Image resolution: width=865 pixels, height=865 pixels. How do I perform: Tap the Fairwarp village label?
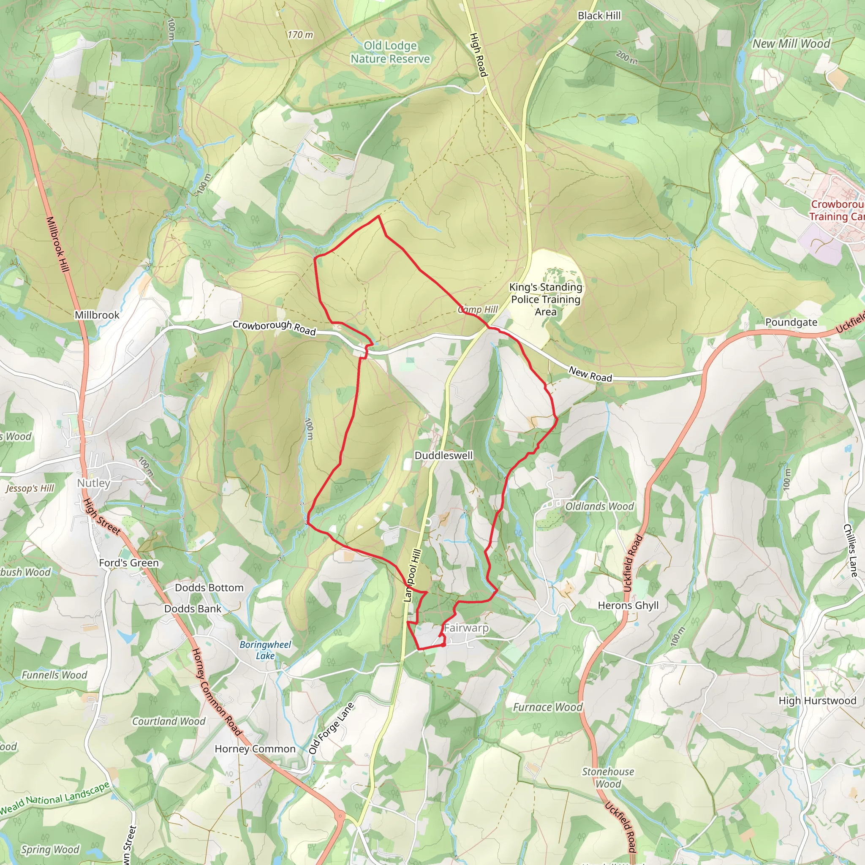pos(466,628)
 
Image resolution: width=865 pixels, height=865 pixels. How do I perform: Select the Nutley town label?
pos(94,483)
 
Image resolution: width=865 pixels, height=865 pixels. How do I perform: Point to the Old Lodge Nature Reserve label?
pos(390,52)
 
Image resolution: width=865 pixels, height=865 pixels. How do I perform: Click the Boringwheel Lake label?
pos(265,650)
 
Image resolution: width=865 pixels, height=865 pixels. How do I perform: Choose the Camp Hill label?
pos(478,309)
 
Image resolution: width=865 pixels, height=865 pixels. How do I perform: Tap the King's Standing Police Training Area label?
pos(545,299)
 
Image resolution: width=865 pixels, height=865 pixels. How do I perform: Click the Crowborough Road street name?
pos(274,328)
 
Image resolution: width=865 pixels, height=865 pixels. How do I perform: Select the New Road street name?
pos(590,374)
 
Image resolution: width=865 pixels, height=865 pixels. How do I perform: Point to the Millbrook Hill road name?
pos(58,244)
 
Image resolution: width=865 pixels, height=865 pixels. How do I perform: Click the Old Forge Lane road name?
pos(331,728)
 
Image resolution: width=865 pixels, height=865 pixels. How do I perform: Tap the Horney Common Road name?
pos(217,692)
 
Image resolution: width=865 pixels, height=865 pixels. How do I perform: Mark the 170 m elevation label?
pos(300,35)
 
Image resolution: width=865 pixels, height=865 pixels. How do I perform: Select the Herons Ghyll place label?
pos(628,605)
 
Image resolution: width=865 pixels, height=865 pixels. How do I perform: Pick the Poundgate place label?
pos(791,322)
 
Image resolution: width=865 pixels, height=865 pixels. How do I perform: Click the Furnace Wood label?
pos(547,707)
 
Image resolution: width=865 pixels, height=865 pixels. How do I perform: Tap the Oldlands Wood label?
pos(599,506)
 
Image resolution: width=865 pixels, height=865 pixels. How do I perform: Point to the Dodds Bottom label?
pos(209,588)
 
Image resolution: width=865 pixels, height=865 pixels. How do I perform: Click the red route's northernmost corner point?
pos(379,216)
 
